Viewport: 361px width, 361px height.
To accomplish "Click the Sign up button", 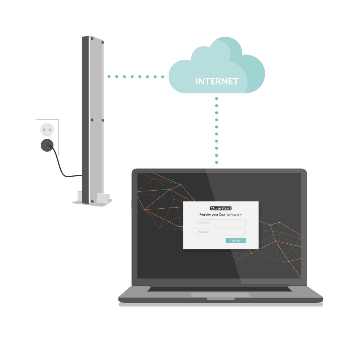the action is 236,240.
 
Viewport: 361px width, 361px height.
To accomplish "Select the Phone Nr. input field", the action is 221,223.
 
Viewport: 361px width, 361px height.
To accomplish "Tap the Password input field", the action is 221,232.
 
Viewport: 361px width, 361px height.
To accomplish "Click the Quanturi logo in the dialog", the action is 221,208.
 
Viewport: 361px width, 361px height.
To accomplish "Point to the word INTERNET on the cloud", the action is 217,81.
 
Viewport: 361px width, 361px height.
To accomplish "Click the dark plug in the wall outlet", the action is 47,145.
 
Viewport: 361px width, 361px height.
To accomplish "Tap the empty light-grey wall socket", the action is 47,130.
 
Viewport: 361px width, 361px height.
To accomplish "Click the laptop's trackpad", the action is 221,295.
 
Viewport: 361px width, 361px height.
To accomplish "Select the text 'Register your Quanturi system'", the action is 221,214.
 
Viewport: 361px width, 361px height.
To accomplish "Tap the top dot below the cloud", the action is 216,99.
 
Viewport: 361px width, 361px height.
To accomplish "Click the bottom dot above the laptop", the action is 216,162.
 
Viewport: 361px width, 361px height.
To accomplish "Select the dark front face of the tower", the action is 86,120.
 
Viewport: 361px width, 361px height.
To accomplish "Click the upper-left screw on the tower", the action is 92,39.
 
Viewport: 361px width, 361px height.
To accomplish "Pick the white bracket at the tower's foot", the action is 103,198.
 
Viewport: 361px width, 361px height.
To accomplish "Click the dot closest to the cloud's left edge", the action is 163,77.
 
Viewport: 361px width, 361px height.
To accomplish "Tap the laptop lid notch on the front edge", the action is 221,299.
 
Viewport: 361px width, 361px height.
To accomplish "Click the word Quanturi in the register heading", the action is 225,214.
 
